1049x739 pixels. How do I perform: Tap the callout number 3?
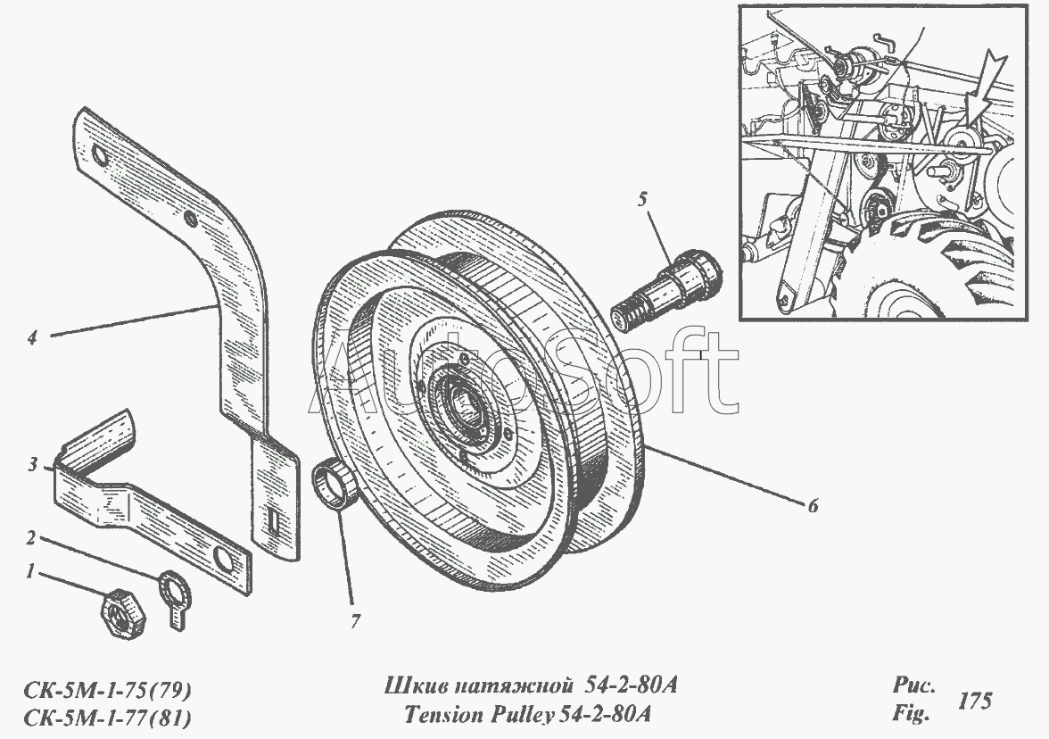click(x=32, y=464)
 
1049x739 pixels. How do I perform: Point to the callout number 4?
click(x=32, y=338)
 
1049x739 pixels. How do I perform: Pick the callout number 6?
click(x=812, y=505)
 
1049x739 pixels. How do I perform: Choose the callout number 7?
click(x=355, y=621)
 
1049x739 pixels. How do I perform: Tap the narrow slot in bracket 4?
click(x=271, y=519)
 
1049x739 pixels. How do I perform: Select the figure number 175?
click(x=975, y=702)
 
